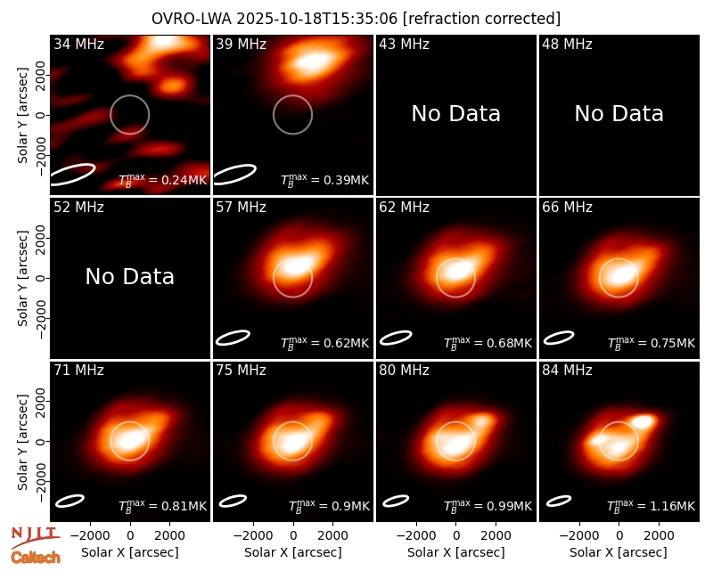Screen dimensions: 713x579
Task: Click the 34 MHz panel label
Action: [78, 44]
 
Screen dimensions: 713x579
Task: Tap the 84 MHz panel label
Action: [567, 371]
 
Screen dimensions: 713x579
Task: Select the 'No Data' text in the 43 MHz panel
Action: [455, 114]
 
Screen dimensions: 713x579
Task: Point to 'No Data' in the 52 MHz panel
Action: [129, 277]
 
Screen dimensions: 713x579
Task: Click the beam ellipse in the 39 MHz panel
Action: [234, 175]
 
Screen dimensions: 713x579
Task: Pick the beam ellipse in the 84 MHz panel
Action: [559, 501]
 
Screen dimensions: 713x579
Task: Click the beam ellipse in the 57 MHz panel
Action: [233, 338]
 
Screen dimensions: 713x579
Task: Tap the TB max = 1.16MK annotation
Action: [652, 505]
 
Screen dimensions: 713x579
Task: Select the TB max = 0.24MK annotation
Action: [163, 179]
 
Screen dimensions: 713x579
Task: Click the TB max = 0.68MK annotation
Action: [488, 342]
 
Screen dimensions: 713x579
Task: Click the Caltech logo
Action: [36, 558]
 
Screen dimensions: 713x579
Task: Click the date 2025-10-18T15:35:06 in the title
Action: [317, 19]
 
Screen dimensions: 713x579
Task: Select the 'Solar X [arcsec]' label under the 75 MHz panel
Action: [293, 552]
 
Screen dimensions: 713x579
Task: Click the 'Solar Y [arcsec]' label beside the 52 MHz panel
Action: [22, 278]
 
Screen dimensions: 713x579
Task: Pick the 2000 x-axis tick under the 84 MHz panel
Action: [659, 535]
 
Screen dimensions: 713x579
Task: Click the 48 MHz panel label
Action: [567, 44]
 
